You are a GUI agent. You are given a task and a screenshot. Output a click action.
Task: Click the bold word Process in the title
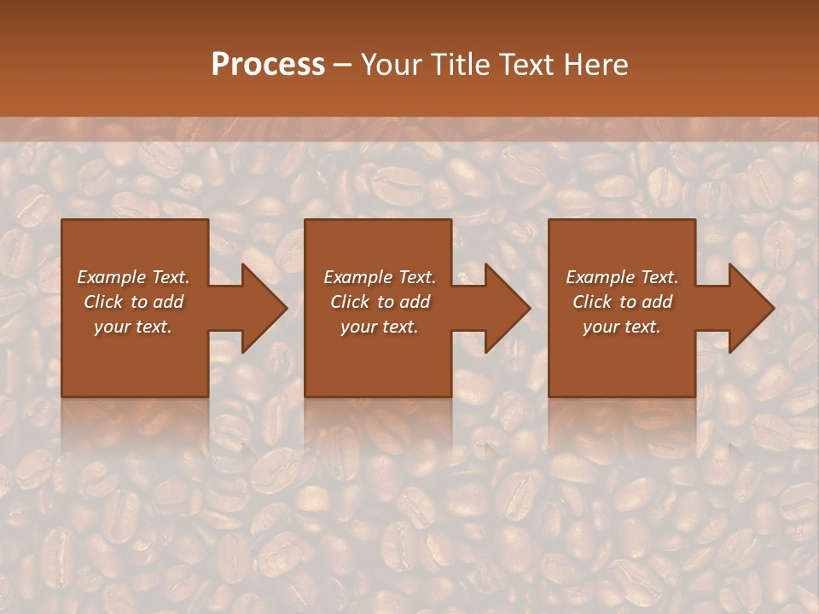click(x=268, y=65)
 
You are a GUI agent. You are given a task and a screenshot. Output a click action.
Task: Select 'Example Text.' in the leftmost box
click(x=133, y=277)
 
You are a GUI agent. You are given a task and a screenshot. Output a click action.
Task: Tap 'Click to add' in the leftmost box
click(x=133, y=302)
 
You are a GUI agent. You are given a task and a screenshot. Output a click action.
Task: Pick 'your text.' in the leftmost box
click(x=133, y=327)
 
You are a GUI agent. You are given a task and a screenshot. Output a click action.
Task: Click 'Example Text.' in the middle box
click(x=379, y=277)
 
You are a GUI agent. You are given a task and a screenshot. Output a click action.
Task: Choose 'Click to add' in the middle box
click(x=379, y=302)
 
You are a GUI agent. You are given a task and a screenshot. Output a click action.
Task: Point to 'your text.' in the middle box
click(x=379, y=327)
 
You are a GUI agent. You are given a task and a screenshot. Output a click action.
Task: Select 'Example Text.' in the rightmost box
click(x=622, y=277)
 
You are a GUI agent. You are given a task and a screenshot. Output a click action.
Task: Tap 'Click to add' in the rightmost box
click(x=622, y=302)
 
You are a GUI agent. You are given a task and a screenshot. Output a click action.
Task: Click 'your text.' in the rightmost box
click(x=622, y=327)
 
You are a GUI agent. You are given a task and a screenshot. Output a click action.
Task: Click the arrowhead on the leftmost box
click(x=260, y=308)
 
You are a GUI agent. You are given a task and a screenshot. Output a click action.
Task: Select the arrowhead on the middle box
click(x=503, y=308)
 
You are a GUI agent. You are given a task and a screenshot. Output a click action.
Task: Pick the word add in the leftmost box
click(x=168, y=302)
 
